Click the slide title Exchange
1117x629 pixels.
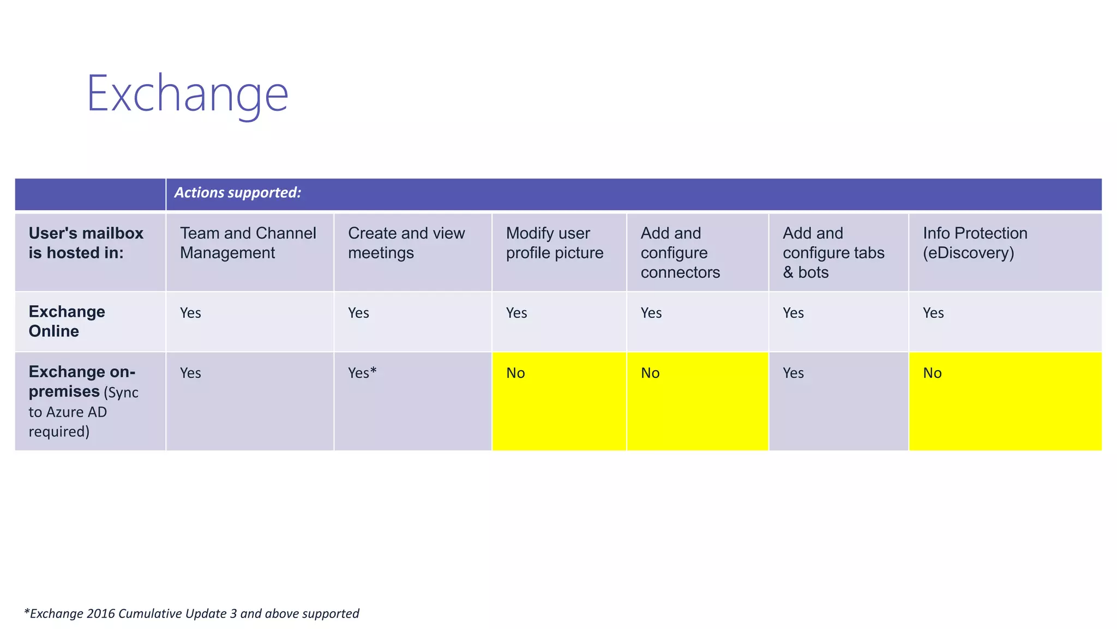187,94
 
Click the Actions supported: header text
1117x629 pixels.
237,193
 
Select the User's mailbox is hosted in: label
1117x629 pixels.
86,243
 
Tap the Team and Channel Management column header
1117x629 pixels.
248,243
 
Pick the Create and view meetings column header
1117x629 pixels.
406,243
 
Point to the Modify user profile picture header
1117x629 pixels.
554,243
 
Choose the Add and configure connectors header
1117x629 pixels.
680,253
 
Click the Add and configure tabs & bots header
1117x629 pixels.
833,253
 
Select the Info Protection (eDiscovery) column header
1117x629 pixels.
975,243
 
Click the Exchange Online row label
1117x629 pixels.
67,321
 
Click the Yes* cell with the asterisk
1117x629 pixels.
362,373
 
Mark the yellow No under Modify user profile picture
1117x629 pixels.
515,373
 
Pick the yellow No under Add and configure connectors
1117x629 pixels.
650,373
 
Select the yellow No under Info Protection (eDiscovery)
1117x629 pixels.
932,373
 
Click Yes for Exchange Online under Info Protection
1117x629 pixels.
933,313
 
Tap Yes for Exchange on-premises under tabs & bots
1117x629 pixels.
793,373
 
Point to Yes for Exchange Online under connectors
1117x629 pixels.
651,313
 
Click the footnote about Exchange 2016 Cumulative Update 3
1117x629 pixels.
191,613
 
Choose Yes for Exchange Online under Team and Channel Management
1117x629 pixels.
190,313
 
